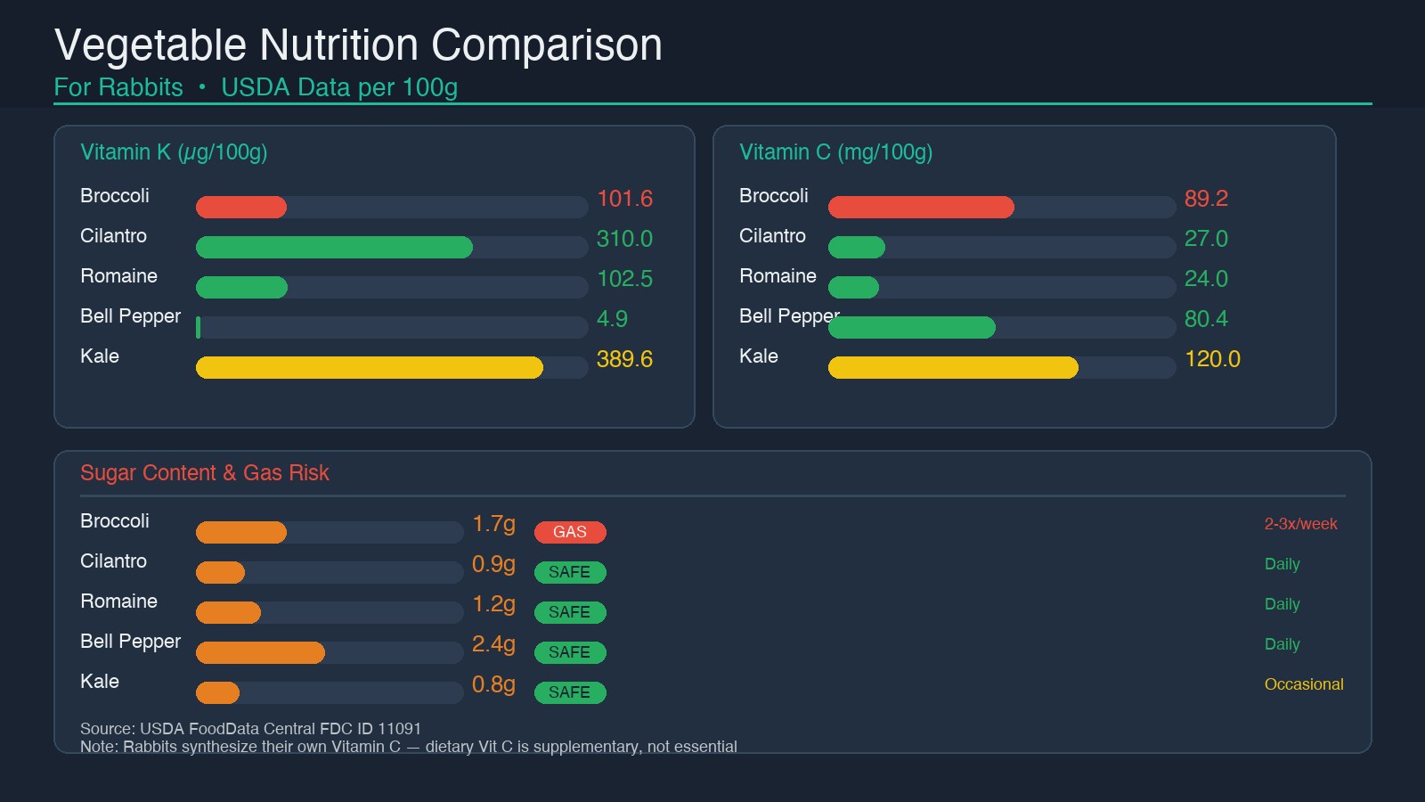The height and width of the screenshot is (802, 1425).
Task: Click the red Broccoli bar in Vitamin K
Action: [241, 208]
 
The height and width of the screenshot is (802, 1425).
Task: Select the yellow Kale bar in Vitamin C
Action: [953, 368]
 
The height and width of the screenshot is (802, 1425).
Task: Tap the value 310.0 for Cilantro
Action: [624, 239]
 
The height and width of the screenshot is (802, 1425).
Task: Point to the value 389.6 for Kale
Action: [624, 359]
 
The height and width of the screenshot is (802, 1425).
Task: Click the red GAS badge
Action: [570, 532]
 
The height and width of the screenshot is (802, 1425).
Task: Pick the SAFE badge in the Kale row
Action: [570, 692]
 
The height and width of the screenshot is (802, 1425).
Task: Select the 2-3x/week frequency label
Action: [1300, 524]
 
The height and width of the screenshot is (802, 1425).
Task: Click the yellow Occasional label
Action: [1304, 684]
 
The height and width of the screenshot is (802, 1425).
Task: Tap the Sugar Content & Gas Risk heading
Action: [205, 473]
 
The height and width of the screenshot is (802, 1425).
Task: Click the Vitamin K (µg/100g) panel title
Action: [174, 152]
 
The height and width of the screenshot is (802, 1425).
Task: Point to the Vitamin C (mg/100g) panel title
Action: [835, 152]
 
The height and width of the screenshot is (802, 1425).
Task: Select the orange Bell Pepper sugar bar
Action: [260, 653]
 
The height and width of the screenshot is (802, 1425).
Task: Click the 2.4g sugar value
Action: [493, 644]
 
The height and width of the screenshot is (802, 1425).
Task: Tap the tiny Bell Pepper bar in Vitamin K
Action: [198, 328]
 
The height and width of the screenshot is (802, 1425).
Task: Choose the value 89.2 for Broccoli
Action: [1206, 199]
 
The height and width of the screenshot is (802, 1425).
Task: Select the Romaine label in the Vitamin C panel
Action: [778, 276]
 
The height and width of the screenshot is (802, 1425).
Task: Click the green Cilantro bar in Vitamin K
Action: [334, 248]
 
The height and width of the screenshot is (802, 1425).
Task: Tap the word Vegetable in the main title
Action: [150, 45]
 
